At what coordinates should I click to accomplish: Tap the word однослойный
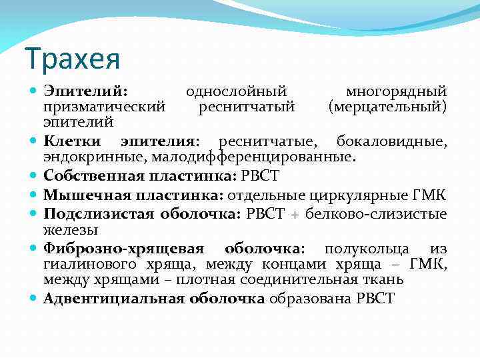click(236, 91)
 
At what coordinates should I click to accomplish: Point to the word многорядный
click(396, 91)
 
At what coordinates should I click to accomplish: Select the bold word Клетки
click(73, 141)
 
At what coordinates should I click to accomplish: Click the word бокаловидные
click(391, 141)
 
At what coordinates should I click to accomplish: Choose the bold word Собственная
click(94, 176)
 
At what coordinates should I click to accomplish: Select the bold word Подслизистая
click(98, 213)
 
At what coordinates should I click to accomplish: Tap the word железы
click(71, 229)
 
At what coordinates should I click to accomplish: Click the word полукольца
click(367, 249)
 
